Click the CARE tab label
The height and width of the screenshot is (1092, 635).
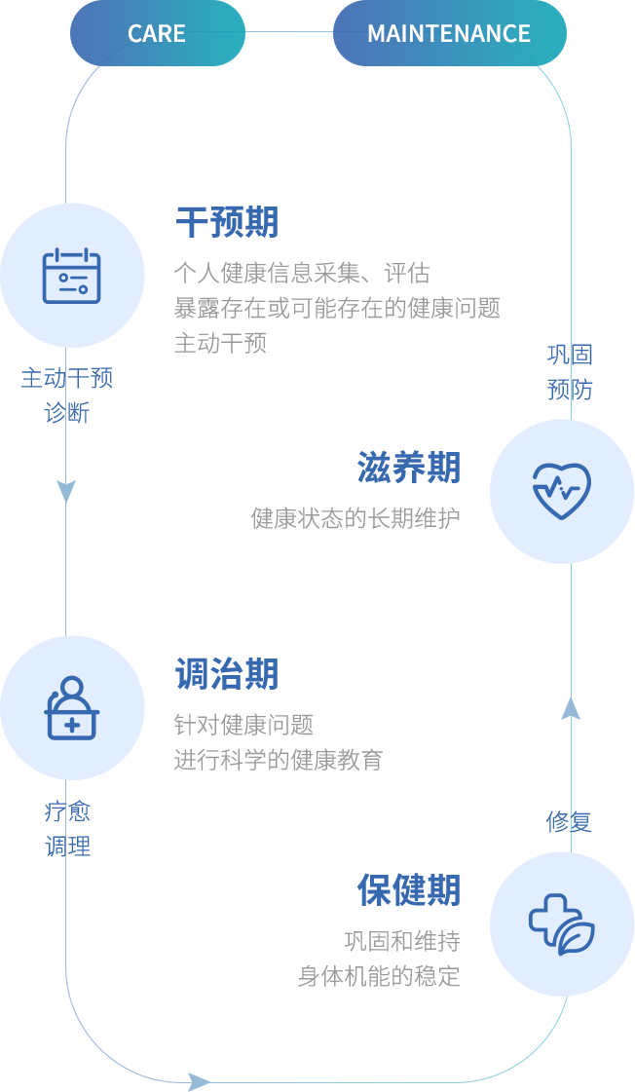pyautogui.click(x=156, y=33)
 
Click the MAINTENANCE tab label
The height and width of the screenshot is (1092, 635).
pyautogui.click(x=448, y=33)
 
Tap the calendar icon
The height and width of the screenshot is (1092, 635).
pyautogui.click(x=71, y=276)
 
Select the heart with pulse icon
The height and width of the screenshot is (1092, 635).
pyautogui.click(x=561, y=490)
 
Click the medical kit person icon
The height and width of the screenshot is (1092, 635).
pyautogui.click(x=71, y=708)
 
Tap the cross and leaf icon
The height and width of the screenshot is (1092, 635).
pyautogui.click(x=561, y=923)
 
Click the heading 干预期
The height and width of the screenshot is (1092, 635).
pyautogui.click(x=231, y=222)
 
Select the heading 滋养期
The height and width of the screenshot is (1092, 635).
pyautogui.click(x=408, y=468)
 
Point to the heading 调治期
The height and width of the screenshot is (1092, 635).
pyautogui.click(x=227, y=674)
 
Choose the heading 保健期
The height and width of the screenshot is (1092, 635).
pyautogui.click(x=408, y=889)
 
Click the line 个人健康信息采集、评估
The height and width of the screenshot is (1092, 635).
pyautogui.click(x=302, y=273)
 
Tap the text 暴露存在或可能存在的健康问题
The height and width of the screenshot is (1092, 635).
pyautogui.click(x=336, y=308)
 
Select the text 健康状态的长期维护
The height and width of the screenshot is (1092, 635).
pyautogui.click(x=355, y=518)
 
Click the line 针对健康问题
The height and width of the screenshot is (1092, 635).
pyautogui.click(x=243, y=725)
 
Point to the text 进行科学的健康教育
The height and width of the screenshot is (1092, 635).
pyautogui.click(x=279, y=760)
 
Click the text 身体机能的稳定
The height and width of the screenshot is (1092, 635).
pyautogui.click(x=379, y=976)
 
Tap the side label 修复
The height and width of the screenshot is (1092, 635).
pyautogui.click(x=569, y=821)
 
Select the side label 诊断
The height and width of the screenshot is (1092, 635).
pyautogui.click(x=67, y=412)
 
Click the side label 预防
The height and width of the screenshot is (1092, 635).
pyautogui.click(x=570, y=390)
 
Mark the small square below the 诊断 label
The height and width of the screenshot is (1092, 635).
pyautogui.click(x=66, y=492)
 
